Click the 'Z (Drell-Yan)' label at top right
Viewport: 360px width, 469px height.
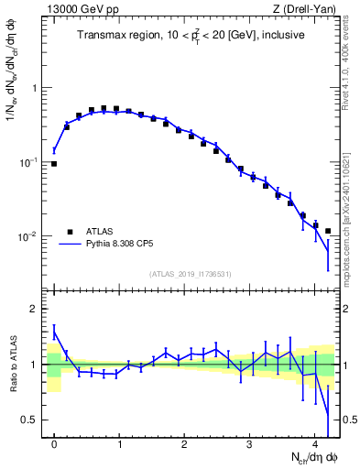pyautogui.click(x=306, y=9)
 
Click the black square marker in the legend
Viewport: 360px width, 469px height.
pyautogui.click(x=70, y=232)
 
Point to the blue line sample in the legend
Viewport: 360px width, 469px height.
pyautogui.click(x=70, y=245)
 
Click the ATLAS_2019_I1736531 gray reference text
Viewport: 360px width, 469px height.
pyautogui.click(x=191, y=274)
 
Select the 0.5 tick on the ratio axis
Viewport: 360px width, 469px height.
pyautogui.click(x=31, y=420)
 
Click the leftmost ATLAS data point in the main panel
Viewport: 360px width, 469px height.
pyautogui.click(x=54, y=164)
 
